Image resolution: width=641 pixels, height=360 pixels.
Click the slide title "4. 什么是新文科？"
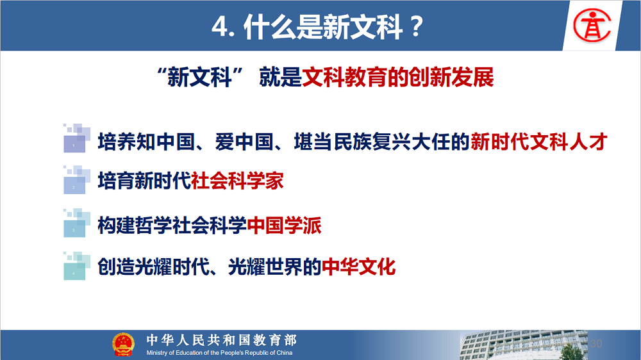click(x=318, y=27)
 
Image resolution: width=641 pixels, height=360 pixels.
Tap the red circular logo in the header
click(x=592, y=26)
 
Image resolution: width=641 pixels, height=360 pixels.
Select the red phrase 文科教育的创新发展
click(x=398, y=77)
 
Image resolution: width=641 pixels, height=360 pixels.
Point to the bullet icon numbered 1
click(x=76, y=138)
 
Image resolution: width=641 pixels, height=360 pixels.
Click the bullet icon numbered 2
click(x=76, y=180)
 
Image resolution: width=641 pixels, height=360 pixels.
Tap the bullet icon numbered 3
click(x=76, y=223)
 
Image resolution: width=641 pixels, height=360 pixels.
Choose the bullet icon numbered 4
click(x=76, y=266)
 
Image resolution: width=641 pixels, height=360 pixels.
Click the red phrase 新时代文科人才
click(x=539, y=142)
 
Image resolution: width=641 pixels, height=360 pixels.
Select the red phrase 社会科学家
click(x=237, y=181)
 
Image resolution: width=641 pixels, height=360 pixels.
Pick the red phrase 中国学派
click(x=284, y=225)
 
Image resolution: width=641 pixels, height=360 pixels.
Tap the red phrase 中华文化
click(x=358, y=266)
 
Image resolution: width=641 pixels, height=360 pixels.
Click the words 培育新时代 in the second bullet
click(x=144, y=181)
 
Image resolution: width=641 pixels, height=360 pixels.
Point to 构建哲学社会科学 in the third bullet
click(x=172, y=225)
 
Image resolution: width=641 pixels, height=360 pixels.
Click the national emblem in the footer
click(x=123, y=345)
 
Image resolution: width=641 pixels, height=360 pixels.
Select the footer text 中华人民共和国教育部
click(x=222, y=340)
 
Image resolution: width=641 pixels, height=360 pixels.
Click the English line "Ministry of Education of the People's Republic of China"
click(x=219, y=353)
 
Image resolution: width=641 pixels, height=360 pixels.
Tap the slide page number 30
click(x=596, y=343)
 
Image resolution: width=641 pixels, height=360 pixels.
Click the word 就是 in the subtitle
click(x=280, y=77)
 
